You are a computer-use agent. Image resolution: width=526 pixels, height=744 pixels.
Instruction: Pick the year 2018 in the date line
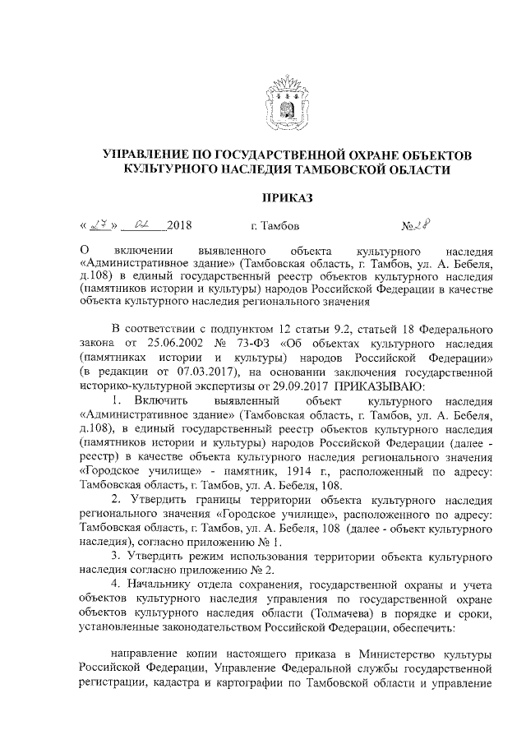pos(178,225)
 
